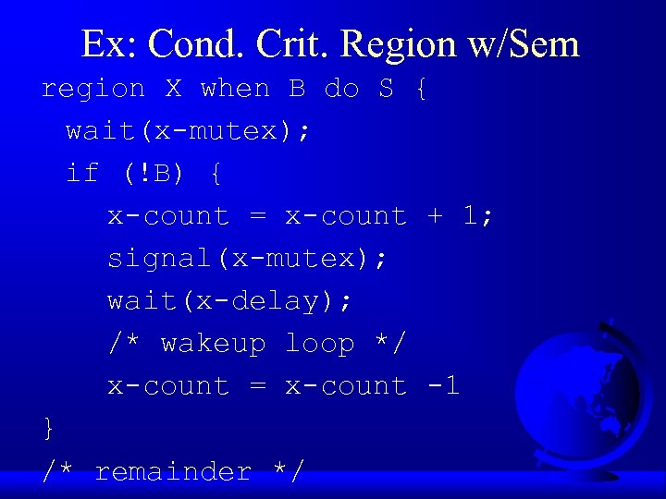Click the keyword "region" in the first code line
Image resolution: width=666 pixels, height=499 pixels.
[93, 89]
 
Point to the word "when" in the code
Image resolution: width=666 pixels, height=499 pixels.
[235, 89]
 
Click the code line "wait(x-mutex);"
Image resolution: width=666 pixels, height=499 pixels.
[189, 131]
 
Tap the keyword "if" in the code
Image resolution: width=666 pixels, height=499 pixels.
[82, 174]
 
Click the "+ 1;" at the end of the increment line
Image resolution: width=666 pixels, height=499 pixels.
[461, 216]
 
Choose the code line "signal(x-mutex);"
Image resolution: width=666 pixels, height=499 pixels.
[247, 259]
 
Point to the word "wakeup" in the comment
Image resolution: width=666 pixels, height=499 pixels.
[213, 344]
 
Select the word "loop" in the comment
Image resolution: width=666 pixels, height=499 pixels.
[319, 344]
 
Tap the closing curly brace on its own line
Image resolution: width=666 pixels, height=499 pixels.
[49, 428]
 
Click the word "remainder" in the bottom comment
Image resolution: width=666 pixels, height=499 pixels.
[173, 471]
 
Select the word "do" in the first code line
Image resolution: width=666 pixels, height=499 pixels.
[341, 89]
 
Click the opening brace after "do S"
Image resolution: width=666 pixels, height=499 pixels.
[421, 90]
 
